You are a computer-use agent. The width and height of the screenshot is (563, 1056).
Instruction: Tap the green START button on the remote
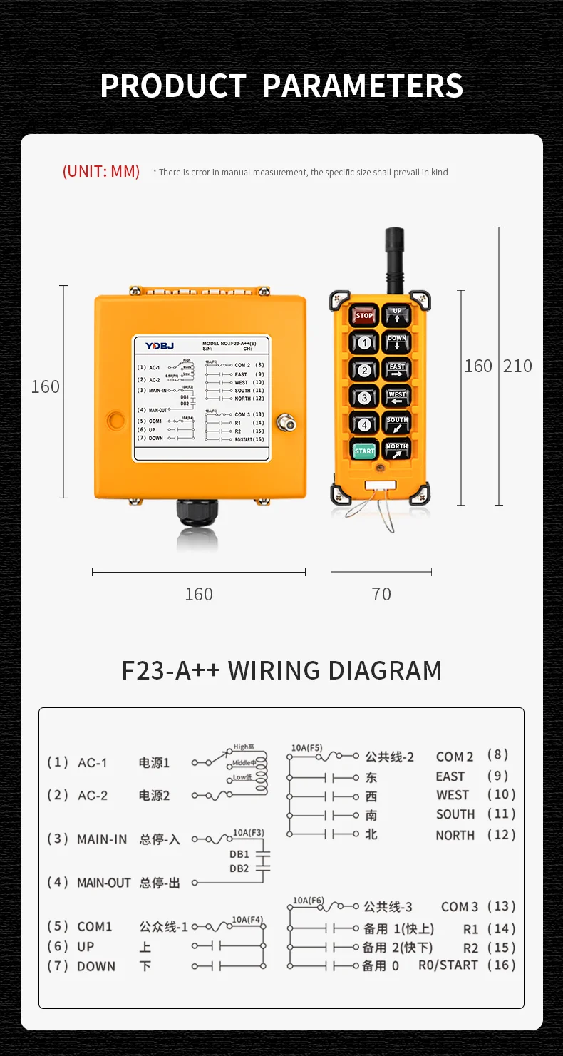(364, 451)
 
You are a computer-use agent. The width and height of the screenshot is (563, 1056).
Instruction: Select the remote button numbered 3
(364, 397)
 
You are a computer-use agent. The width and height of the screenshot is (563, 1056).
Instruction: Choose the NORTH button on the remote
(397, 450)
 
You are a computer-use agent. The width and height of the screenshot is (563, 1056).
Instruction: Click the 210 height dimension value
(517, 366)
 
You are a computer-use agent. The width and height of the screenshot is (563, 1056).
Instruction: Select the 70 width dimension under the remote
(381, 594)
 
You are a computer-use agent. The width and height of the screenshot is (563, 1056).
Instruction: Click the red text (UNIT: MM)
(101, 172)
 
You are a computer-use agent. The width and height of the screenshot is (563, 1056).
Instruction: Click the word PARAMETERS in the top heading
(363, 86)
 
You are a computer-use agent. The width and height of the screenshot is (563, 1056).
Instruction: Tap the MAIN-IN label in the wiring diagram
(102, 839)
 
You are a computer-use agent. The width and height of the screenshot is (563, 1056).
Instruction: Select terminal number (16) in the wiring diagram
(501, 964)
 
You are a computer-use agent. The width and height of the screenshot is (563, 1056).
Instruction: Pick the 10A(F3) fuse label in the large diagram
(248, 832)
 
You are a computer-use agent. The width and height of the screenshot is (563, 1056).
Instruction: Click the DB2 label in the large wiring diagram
(239, 868)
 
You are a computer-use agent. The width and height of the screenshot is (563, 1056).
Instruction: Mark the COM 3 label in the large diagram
(460, 907)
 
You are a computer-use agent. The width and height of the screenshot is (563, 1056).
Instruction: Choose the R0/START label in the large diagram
(448, 965)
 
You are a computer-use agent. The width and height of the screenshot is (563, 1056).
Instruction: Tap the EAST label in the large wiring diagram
(450, 776)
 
